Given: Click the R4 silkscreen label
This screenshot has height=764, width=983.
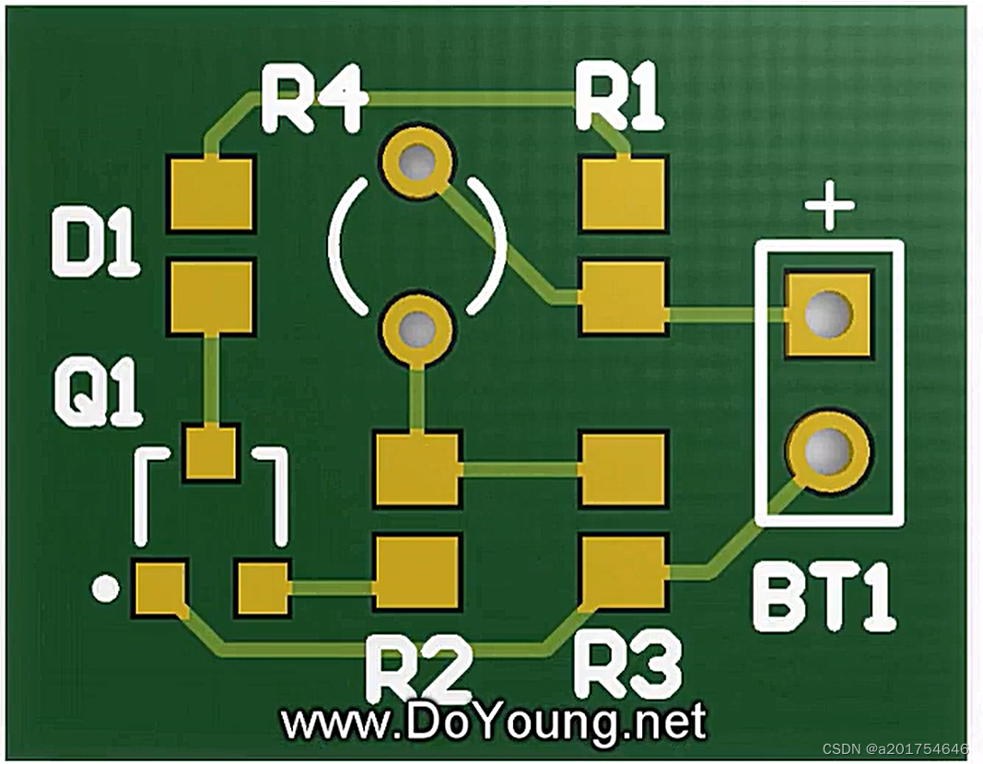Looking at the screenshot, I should (x=313, y=100).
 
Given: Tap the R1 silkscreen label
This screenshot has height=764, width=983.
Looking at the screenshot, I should (x=618, y=98).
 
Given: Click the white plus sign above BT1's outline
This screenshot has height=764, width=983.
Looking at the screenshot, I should (x=829, y=207).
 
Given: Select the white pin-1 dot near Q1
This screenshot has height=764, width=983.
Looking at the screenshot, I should (x=107, y=588).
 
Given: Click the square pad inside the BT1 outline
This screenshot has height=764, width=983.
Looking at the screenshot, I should (x=827, y=314).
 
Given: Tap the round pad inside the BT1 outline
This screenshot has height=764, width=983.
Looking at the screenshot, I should (x=827, y=452).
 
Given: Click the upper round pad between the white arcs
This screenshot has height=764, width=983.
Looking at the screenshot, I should (x=418, y=163).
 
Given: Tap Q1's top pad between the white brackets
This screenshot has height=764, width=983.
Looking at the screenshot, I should (x=211, y=453).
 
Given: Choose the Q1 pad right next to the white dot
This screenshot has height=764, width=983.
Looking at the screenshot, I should (x=160, y=588).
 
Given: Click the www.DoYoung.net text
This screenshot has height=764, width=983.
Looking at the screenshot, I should (x=493, y=722).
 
